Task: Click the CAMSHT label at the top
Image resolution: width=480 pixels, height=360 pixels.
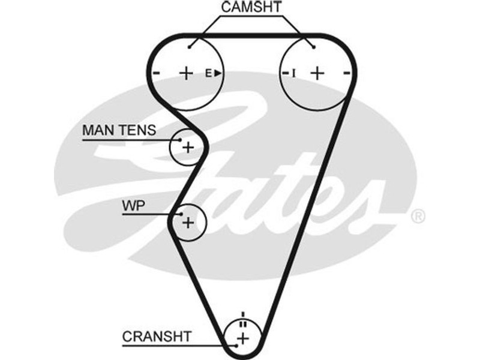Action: (x=251, y=7)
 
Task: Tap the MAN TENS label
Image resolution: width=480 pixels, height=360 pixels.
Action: (x=119, y=130)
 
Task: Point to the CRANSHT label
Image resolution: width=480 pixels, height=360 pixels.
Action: (x=157, y=337)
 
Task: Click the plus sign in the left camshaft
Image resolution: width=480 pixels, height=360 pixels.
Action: (x=186, y=73)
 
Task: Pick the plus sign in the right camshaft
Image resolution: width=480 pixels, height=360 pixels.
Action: (x=317, y=73)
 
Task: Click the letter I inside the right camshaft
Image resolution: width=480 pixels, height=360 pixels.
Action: (x=294, y=73)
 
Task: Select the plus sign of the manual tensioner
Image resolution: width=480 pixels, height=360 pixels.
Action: (x=188, y=147)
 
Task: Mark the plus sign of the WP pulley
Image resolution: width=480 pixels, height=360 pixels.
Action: (x=188, y=223)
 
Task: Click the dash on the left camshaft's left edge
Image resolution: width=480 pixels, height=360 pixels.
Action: (x=156, y=73)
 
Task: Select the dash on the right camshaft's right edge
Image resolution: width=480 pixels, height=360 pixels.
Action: (x=347, y=73)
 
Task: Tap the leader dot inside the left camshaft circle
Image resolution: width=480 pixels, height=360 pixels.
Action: (x=189, y=46)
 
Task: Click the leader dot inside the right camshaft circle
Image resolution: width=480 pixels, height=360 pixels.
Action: (x=313, y=46)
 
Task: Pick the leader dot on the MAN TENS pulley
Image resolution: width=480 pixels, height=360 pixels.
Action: (x=179, y=140)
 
